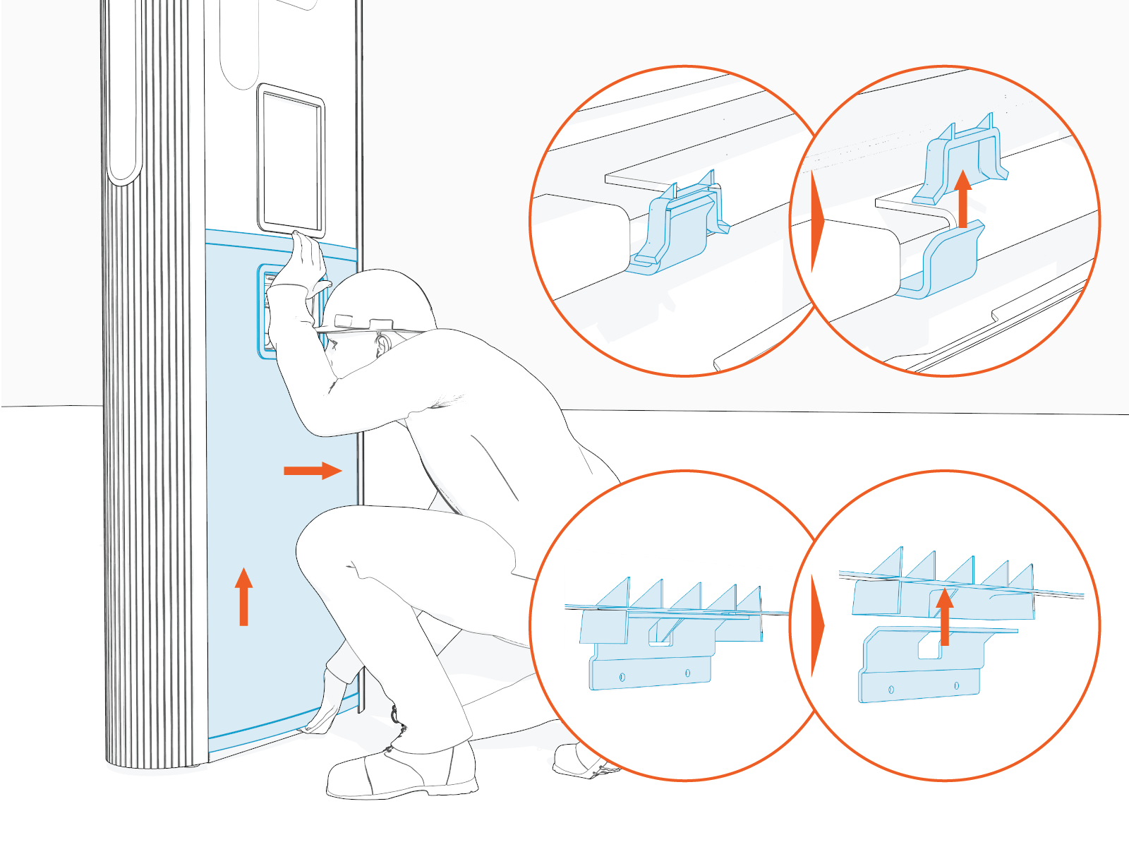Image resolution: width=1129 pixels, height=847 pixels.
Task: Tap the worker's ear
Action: pyautogui.click(x=383, y=344)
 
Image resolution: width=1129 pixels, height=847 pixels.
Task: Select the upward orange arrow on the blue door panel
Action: pyautogui.click(x=243, y=596)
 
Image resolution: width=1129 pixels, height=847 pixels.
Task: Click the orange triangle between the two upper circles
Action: pyautogui.click(x=818, y=220)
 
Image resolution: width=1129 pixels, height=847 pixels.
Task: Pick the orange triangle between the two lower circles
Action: pyautogui.click(x=818, y=625)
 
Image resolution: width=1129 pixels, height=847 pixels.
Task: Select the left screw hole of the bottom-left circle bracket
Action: pyautogui.click(x=622, y=677)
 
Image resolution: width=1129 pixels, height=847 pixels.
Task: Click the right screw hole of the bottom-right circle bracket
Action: pyautogui.click(x=957, y=685)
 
